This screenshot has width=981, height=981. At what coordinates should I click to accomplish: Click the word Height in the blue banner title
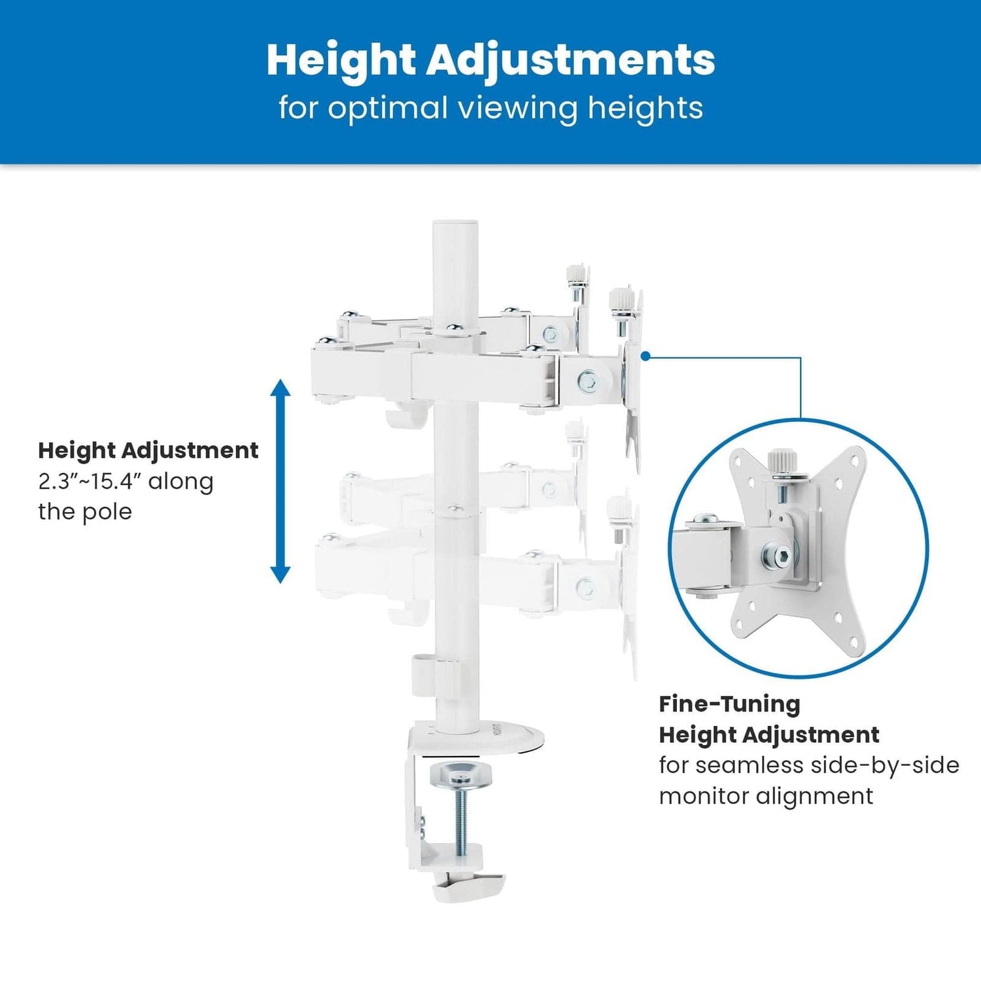coord(341,60)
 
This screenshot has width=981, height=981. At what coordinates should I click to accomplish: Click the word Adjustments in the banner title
coord(571,60)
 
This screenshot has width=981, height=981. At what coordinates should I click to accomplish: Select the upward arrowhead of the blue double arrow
coord(281,388)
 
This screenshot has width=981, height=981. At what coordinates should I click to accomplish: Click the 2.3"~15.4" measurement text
coord(90,481)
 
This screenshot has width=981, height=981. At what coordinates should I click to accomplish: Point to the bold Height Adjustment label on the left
coord(148,451)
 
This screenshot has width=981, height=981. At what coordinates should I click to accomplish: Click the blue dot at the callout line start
coord(645,356)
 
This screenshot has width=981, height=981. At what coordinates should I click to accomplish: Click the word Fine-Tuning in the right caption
coord(729,704)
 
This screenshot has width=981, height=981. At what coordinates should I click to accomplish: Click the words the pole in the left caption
coord(85,511)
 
